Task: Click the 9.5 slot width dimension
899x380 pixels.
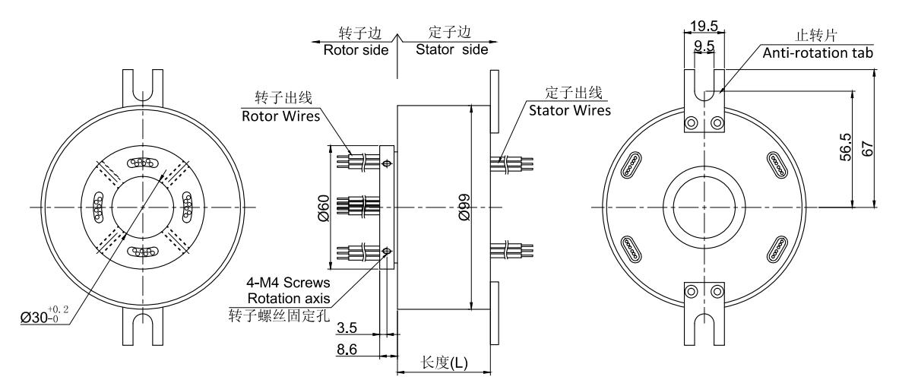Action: [x=704, y=46]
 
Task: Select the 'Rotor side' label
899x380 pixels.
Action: [x=356, y=50]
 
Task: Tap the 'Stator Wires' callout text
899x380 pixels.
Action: [x=571, y=110]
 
